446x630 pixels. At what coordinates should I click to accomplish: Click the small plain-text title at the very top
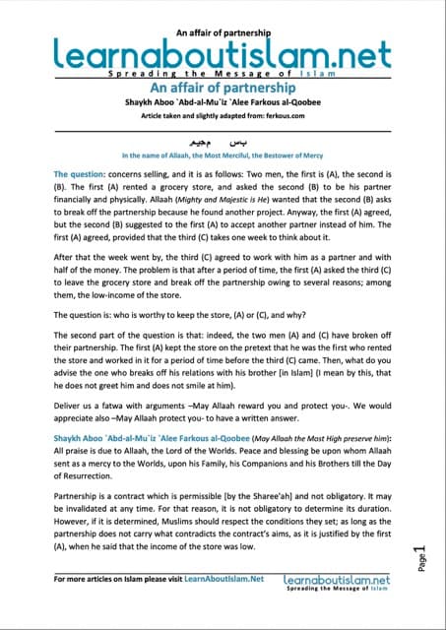click(223, 8)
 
